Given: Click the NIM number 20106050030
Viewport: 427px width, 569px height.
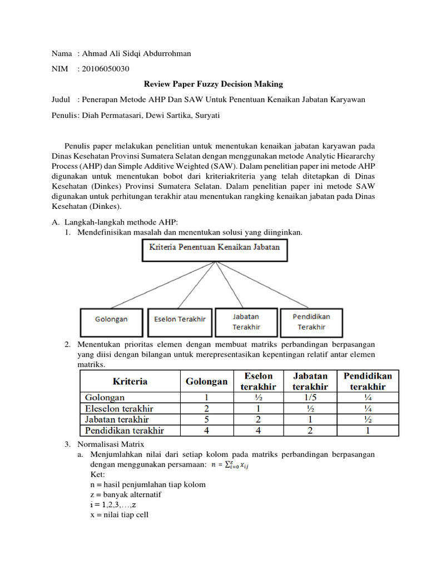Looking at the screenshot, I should point(105,69).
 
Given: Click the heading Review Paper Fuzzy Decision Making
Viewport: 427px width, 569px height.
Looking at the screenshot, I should point(213,84).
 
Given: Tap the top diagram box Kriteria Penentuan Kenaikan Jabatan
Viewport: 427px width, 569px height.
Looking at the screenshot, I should point(214,250).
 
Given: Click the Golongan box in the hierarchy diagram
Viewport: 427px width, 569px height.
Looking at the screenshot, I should point(111,320).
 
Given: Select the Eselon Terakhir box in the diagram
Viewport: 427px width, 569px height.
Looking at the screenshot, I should point(180,320).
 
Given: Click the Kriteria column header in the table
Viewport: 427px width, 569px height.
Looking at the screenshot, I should point(130,381).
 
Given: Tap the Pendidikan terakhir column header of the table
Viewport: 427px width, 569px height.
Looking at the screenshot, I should point(368,381).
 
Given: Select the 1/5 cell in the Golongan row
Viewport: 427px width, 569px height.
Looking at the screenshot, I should point(310,398).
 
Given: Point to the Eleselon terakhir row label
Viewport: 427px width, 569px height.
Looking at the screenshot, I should point(118,408).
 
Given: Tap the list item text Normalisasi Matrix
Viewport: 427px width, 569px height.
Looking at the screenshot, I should point(111,444).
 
